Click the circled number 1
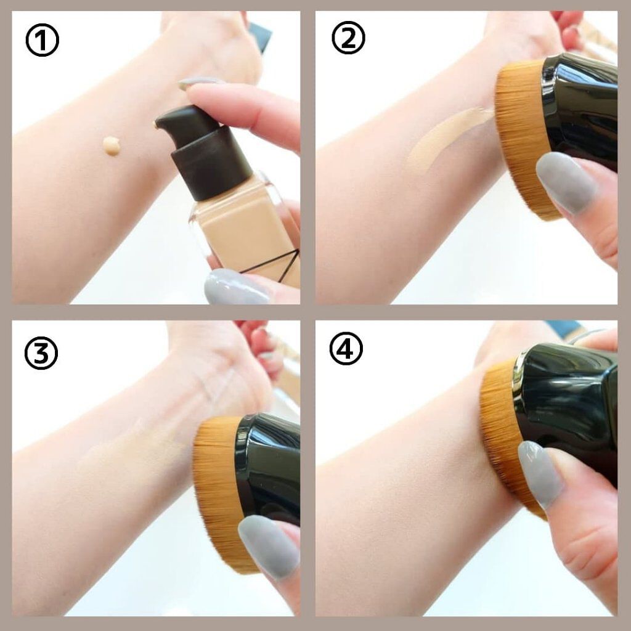click(43, 40)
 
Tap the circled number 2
click(349, 38)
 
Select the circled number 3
click(41, 353)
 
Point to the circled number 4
click(346, 349)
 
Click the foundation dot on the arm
click(112, 145)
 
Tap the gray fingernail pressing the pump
click(200, 83)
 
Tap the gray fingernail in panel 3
click(269, 545)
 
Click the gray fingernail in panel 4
click(540, 475)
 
